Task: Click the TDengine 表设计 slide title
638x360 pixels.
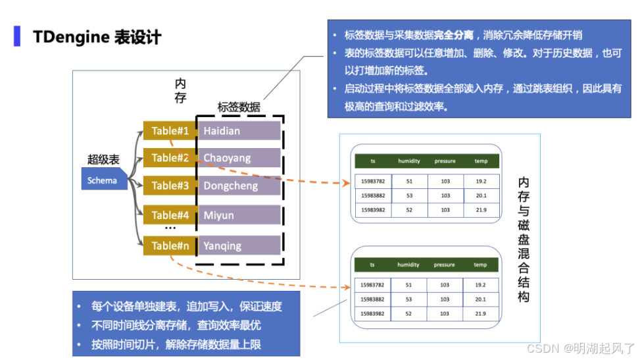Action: click(x=97, y=36)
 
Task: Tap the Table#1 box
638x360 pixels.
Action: click(x=170, y=131)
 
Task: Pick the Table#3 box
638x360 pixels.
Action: click(x=170, y=186)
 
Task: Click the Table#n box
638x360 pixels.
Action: click(x=170, y=245)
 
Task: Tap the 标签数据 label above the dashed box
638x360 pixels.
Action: click(x=239, y=107)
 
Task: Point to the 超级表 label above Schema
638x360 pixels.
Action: click(x=103, y=159)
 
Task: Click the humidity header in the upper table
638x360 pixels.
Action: click(x=408, y=161)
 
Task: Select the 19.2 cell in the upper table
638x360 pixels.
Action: click(x=481, y=181)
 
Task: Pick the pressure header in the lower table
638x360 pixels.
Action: click(x=444, y=265)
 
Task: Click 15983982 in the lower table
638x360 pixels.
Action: click(x=372, y=314)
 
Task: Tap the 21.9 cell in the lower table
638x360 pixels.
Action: click(x=481, y=314)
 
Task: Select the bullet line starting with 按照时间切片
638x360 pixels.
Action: click(x=177, y=344)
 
